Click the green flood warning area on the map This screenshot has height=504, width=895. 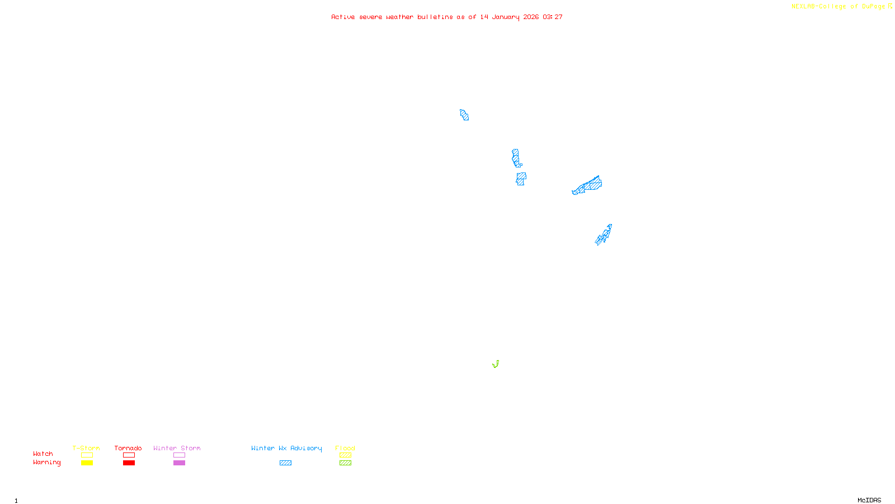coord(496,365)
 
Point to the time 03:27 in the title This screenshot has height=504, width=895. coord(552,17)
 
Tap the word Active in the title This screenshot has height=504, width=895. coord(342,17)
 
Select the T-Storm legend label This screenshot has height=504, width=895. coord(86,448)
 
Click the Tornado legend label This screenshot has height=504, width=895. coord(128,448)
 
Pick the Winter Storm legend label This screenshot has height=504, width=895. coord(177,448)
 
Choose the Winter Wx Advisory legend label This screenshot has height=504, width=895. coord(286,448)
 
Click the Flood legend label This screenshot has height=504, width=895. coord(345,448)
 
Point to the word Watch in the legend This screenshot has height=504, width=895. coord(43,454)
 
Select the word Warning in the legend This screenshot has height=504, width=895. coord(46,463)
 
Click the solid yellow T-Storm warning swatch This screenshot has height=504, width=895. coord(87,463)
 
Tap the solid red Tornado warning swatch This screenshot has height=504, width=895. coord(129,463)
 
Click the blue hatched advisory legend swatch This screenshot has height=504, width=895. coord(285,463)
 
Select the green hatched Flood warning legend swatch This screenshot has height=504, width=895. coord(345,463)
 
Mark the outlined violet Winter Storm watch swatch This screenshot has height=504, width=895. coord(179,455)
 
